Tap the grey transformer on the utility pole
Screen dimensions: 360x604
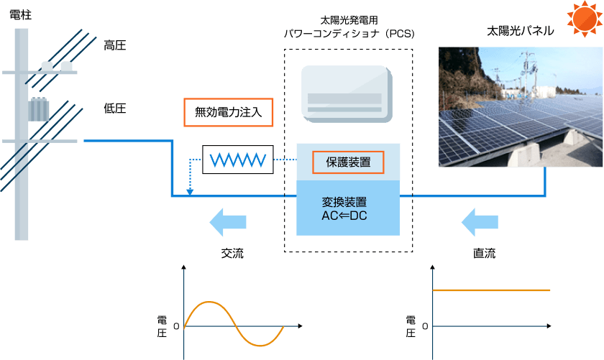40,111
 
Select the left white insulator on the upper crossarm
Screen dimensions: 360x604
47,66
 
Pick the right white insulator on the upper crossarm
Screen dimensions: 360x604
67,66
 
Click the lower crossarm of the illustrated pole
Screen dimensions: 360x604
40,141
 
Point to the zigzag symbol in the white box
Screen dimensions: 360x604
238,160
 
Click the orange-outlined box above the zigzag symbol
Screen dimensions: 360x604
229,113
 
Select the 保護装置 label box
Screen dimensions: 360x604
348,162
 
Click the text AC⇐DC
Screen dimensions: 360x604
344,216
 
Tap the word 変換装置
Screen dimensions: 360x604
344,202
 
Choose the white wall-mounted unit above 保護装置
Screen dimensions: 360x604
347,92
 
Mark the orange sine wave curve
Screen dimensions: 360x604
234,323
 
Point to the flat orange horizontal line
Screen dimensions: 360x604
491,290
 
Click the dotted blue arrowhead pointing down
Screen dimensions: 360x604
190,192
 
